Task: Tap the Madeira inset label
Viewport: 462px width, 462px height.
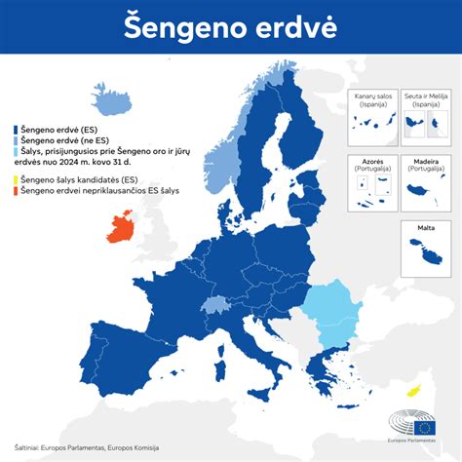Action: [425, 162]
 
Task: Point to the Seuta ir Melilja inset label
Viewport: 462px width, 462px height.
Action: [425, 98]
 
